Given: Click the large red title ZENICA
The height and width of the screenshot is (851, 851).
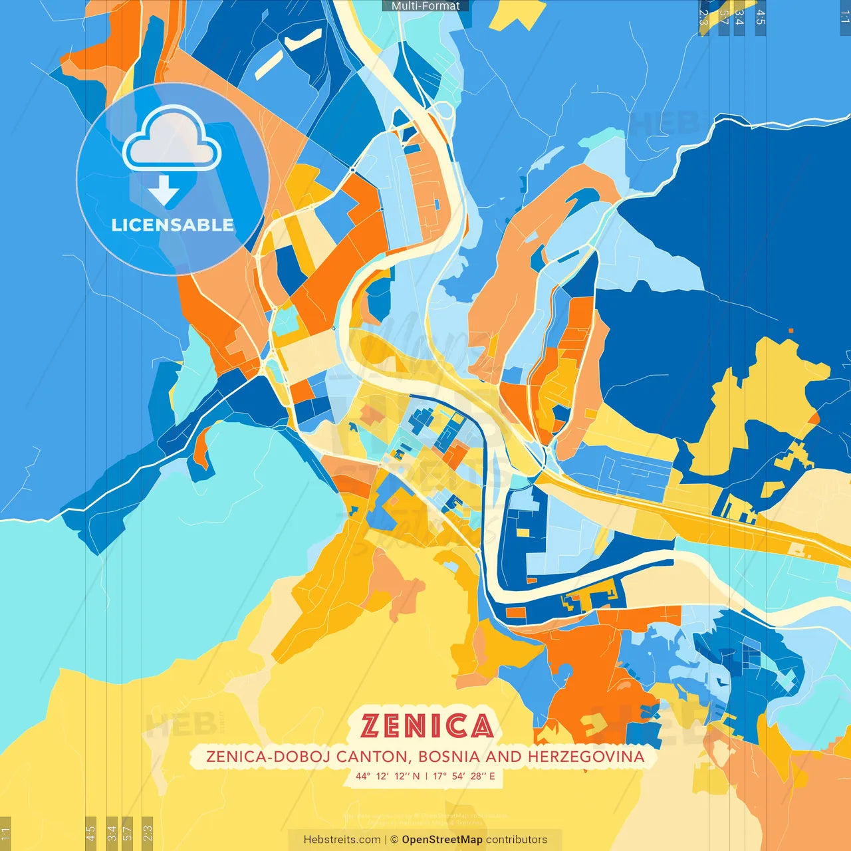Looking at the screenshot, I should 427,726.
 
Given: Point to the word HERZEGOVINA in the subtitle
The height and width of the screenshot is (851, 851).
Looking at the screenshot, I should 586,757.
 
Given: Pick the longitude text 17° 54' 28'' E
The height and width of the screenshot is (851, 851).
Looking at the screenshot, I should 464,776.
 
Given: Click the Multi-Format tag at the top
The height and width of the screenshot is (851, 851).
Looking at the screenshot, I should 425,6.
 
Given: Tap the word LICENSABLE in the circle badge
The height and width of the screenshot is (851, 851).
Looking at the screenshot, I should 172,225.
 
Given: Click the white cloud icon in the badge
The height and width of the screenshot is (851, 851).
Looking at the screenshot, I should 172,141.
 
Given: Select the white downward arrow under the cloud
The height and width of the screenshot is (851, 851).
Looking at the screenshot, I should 164,191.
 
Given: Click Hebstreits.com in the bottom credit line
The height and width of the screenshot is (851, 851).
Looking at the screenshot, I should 342,840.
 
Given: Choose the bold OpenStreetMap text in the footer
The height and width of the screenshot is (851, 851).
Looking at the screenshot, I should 442,840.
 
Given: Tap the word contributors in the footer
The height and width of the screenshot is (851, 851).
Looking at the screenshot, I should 517,840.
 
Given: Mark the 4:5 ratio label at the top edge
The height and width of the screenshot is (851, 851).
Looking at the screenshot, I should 761,17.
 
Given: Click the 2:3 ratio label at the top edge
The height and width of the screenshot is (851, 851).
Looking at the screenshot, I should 703,17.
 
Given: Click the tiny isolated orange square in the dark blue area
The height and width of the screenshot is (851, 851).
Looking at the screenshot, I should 790,330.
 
